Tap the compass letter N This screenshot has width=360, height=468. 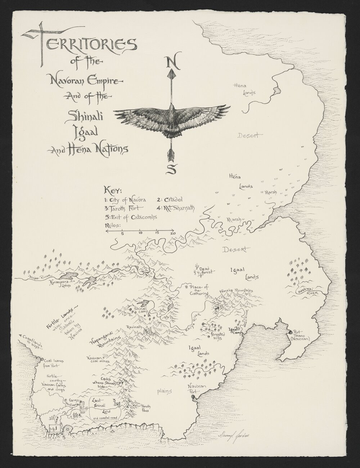pos(172,62)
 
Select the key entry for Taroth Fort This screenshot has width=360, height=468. pos(124,208)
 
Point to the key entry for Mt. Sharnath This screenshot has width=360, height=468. pos(176,208)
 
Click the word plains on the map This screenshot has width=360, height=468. pos(164,391)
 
